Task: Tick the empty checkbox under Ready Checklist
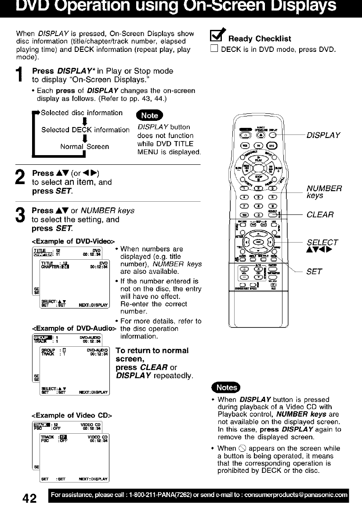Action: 214,49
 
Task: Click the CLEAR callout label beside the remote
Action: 320,214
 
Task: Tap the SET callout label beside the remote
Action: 315,272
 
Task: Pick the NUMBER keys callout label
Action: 324,192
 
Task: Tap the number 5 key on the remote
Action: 258,197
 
